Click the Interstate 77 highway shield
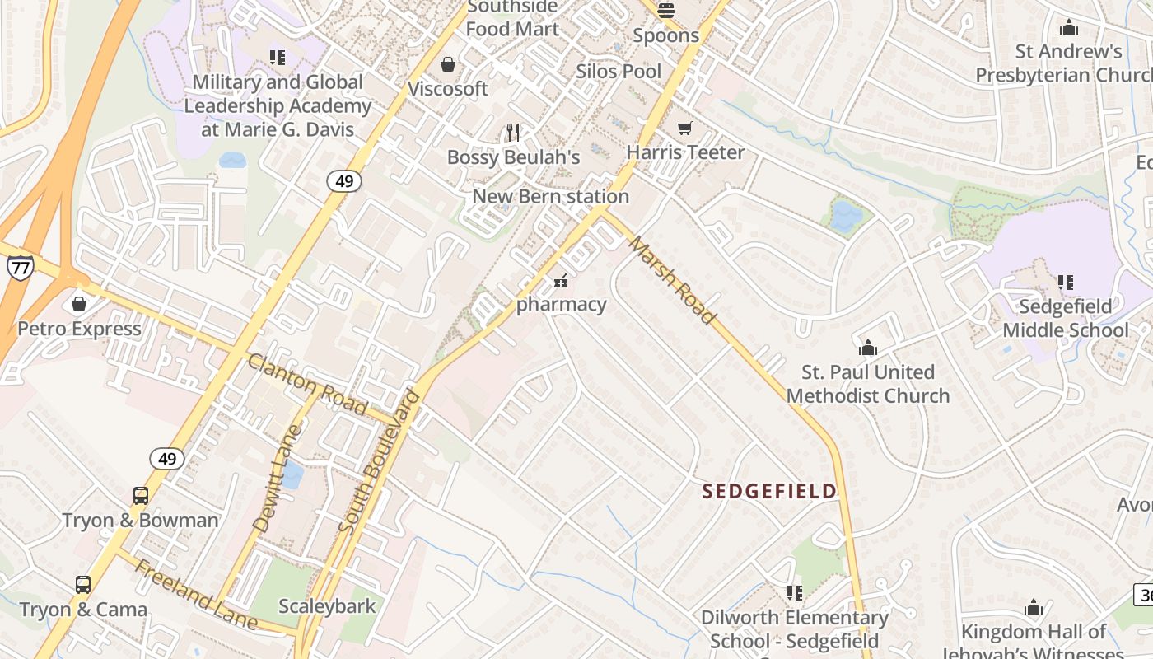pyautogui.click(x=20, y=267)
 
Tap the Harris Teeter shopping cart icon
pyautogui.click(x=684, y=128)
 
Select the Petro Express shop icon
pyautogui.click(x=79, y=305)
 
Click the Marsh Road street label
pyautogui.click(x=671, y=280)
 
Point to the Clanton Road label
pyautogui.click(x=307, y=384)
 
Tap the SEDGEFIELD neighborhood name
pyautogui.click(x=769, y=492)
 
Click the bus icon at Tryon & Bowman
pyautogui.click(x=141, y=496)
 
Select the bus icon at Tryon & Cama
pyautogui.click(x=83, y=585)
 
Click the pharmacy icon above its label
pyautogui.click(x=561, y=281)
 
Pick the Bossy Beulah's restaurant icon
pyautogui.click(x=514, y=132)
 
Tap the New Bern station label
pyautogui.click(x=550, y=196)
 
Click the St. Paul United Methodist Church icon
pyautogui.click(x=867, y=348)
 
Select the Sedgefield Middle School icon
pyautogui.click(x=1065, y=283)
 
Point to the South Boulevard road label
pyautogui.click(x=380, y=461)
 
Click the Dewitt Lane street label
pyautogui.click(x=278, y=478)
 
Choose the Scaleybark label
pyautogui.click(x=327, y=606)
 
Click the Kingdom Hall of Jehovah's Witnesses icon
pyautogui.click(x=1034, y=608)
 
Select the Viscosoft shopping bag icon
pyautogui.click(x=448, y=64)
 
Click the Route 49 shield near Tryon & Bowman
pyautogui.click(x=167, y=459)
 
